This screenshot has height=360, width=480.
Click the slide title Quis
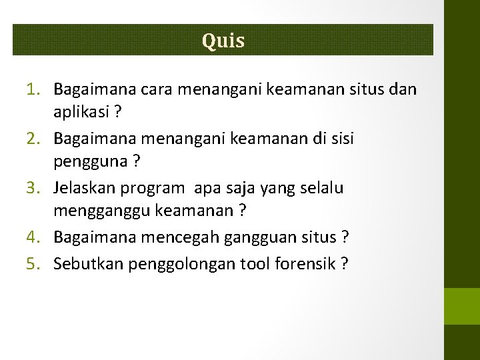pos(223,41)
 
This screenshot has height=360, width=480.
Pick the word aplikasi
pos(81,113)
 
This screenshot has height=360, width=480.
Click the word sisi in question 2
pos(341,139)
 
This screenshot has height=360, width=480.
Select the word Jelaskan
pos(84,188)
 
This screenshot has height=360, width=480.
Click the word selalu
pos(323,188)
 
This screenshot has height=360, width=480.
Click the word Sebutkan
pos(84,263)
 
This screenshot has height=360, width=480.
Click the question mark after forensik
pos(343,263)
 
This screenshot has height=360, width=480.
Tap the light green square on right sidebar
pos(462,305)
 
